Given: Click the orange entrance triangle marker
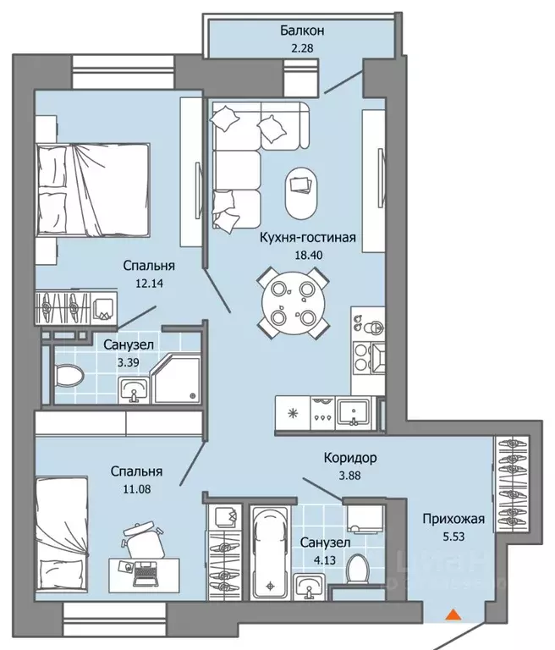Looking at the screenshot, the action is click(453, 614).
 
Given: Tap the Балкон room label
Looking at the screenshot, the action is click(302, 30).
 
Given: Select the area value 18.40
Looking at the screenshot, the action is click(308, 255).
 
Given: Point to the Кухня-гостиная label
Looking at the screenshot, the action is click(308, 238).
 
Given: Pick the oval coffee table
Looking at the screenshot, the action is click(301, 193).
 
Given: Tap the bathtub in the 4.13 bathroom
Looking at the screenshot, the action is click(270, 553).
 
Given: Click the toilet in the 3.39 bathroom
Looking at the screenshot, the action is click(69, 375).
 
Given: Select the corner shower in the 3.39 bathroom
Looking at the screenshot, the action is click(176, 379).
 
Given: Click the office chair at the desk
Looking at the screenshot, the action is click(144, 540).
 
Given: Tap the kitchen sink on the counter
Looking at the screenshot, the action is click(353, 413).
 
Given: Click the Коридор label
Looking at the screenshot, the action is click(350, 458).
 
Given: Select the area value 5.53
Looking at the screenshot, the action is click(453, 537).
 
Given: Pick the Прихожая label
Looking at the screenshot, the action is click(453, 519).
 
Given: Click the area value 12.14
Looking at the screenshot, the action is click(149, 284).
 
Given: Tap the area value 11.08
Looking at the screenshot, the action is click(137, 489).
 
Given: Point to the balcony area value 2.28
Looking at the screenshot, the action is click(302, 48).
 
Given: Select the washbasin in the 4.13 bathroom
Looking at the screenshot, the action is click(309, 587).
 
